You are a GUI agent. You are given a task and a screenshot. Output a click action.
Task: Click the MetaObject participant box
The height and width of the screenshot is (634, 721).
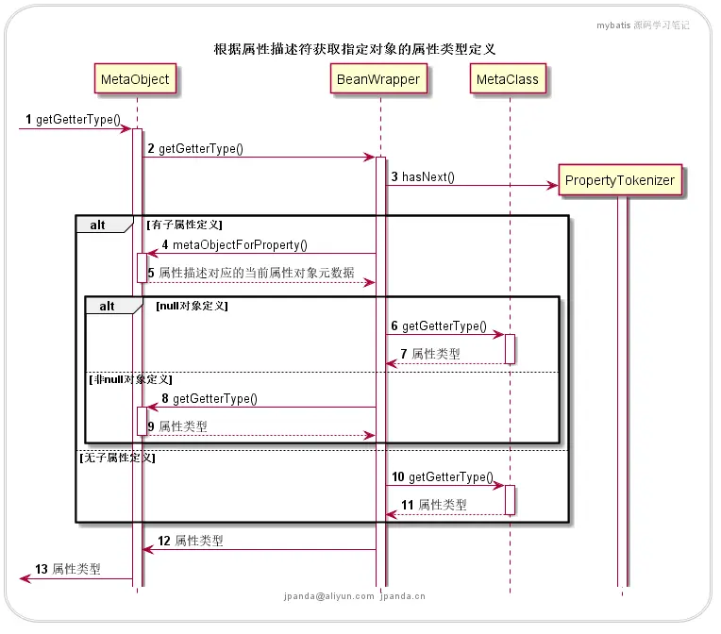point(137,79)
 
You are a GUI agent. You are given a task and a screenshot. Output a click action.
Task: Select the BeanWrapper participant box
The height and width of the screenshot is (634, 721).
point(379,79)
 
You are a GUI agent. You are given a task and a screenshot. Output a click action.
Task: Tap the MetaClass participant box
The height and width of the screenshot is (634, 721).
point(508,79)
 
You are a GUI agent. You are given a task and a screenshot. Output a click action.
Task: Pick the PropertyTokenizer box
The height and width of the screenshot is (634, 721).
point(620,180)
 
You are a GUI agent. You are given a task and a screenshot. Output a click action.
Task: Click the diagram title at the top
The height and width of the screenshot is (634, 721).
point(355,49)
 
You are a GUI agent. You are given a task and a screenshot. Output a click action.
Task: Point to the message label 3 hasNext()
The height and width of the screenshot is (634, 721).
point(423,176)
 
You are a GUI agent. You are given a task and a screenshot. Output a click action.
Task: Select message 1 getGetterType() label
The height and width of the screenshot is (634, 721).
point(73,120)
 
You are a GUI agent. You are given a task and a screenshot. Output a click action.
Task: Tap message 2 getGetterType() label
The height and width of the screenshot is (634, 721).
point(194,148)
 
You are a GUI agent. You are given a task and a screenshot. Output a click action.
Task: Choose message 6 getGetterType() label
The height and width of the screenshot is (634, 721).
point(439,325)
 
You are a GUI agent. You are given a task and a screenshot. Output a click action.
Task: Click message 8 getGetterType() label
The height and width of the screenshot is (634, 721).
point(208,399)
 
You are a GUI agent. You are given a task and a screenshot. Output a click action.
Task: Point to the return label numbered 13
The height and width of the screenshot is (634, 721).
point(67,570)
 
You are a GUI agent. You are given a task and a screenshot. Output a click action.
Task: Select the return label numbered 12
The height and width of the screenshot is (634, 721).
point(191,542)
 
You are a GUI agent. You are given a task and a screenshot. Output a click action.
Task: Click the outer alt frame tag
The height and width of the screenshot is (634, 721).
point(98,225)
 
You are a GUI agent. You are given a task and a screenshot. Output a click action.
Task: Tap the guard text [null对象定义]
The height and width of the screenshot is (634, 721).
point(192,306)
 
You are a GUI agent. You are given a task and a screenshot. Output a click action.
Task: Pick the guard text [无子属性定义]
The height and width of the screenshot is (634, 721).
point(117,458)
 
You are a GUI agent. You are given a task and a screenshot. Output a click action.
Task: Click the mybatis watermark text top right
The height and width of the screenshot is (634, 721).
point(643,25)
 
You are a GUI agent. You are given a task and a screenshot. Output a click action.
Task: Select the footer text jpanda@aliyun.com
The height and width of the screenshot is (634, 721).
point(327,596)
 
